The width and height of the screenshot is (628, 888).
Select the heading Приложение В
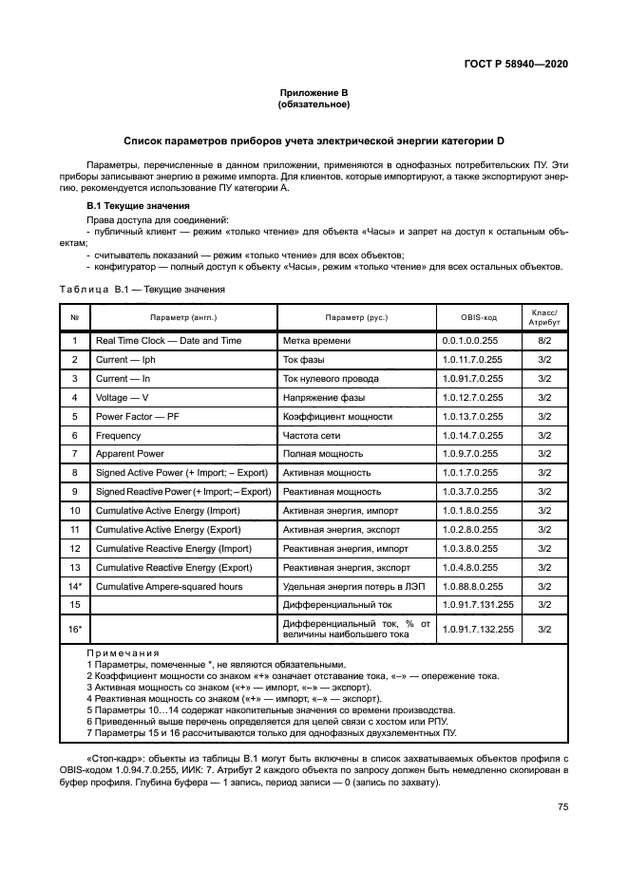coord(314,93)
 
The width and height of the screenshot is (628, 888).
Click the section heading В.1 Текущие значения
coord(139,206)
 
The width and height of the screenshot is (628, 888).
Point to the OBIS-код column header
coord(479,317)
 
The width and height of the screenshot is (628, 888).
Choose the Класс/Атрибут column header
coord(544,317)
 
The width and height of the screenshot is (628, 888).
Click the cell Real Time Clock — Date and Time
coord(168,341)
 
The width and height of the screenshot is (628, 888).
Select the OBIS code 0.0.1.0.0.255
coord(469,341)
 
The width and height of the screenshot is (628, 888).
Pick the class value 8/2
coord(544,341)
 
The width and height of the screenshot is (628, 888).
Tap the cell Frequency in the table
coord(118,435)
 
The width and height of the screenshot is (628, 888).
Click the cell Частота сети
coord(316,435)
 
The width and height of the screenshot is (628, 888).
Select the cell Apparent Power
coord(130,454)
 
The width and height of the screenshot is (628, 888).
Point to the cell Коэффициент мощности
coord(337,416)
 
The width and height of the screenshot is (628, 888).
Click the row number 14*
coord(74,586)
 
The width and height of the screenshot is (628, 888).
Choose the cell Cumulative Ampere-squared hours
coord(169,586)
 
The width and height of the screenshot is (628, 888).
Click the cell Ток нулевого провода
coord(331,379)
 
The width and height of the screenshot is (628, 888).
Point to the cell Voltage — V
coord(123,397)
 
